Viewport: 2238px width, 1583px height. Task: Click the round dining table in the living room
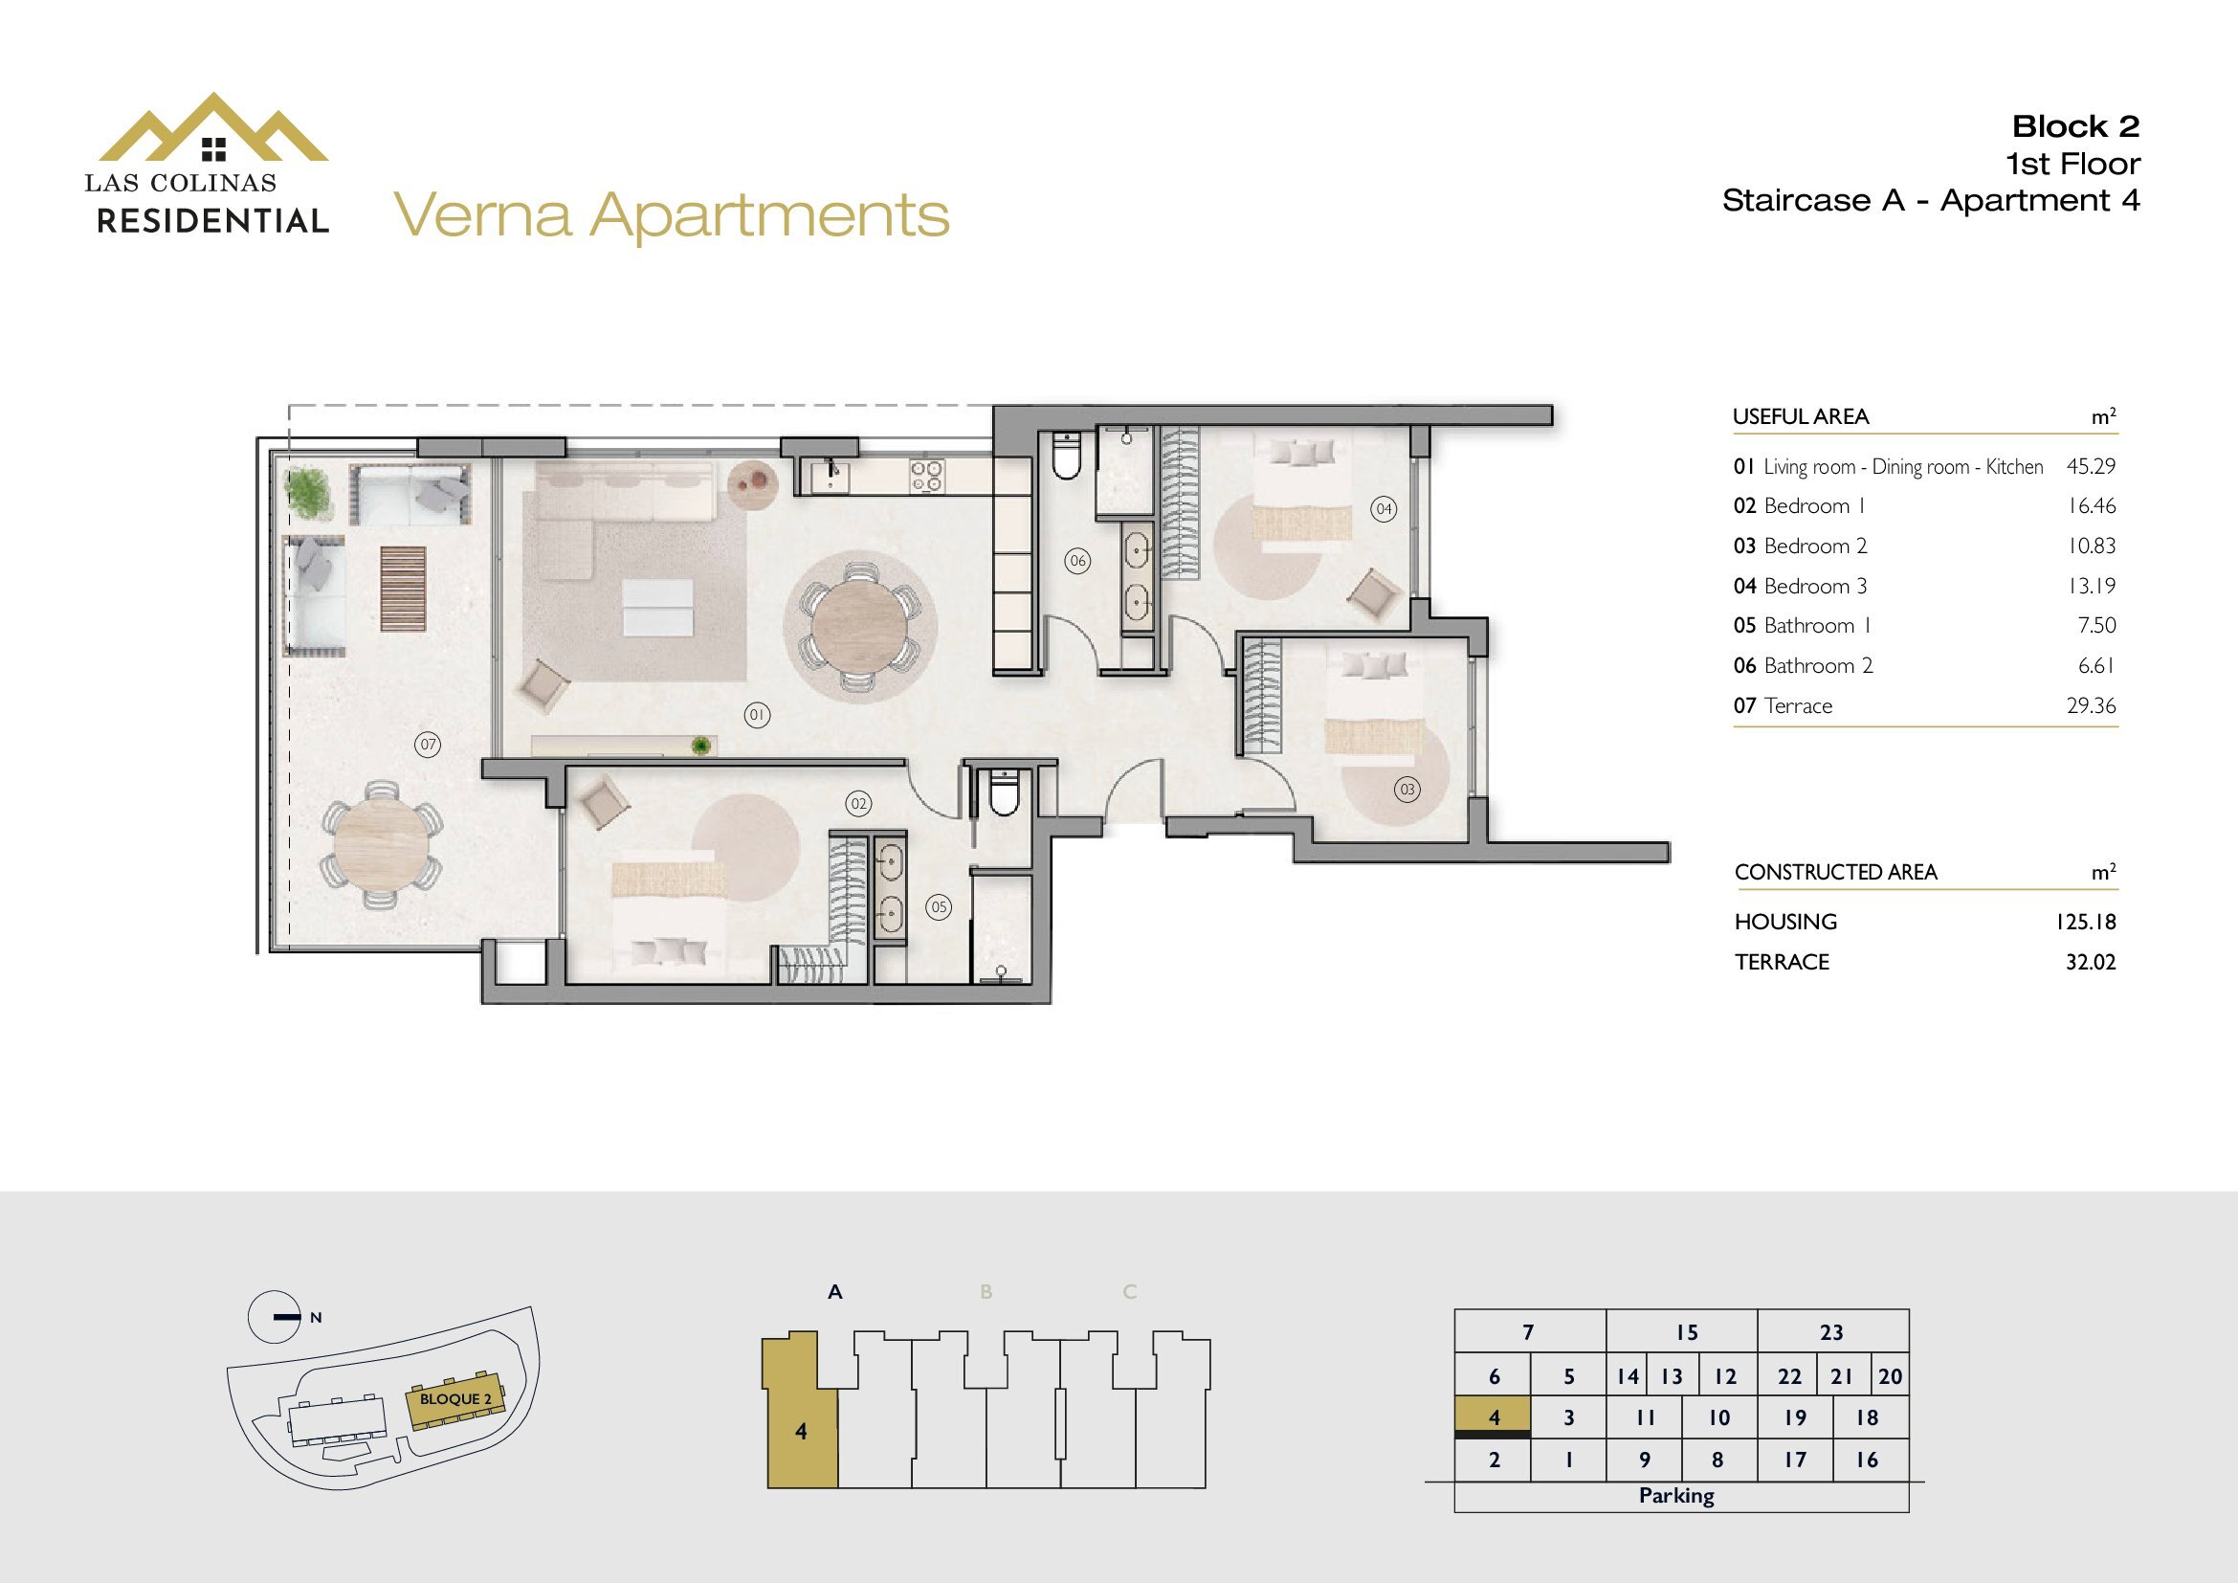coord(860,626)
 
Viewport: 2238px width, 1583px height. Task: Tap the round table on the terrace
coord(381,845)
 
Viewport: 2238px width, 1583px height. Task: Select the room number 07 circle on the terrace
coord(427,745)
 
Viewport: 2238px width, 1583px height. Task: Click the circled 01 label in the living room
coord(757,716)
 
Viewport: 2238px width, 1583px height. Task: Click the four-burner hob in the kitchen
coord(926,475)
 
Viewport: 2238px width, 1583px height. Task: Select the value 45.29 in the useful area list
coord(2091,466)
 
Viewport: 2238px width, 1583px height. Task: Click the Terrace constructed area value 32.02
coord(2090,962)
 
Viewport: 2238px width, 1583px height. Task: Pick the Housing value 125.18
coord(2085,921)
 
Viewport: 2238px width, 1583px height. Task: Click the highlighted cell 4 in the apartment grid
coord(1493,1417)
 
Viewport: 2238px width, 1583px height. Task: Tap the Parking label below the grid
coord(1676,1495)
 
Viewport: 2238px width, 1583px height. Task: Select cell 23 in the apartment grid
coord(1831,1331)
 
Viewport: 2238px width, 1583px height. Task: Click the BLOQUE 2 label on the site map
coord(456,1399)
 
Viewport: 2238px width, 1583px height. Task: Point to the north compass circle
coord(274,1317)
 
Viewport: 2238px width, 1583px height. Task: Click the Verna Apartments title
coord(672,215)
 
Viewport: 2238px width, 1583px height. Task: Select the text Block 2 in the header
coord(2075,125)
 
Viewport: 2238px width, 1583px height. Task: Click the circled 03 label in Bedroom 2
coord(1407,790)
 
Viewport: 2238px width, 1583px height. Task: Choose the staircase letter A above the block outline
coord(834,1292)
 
